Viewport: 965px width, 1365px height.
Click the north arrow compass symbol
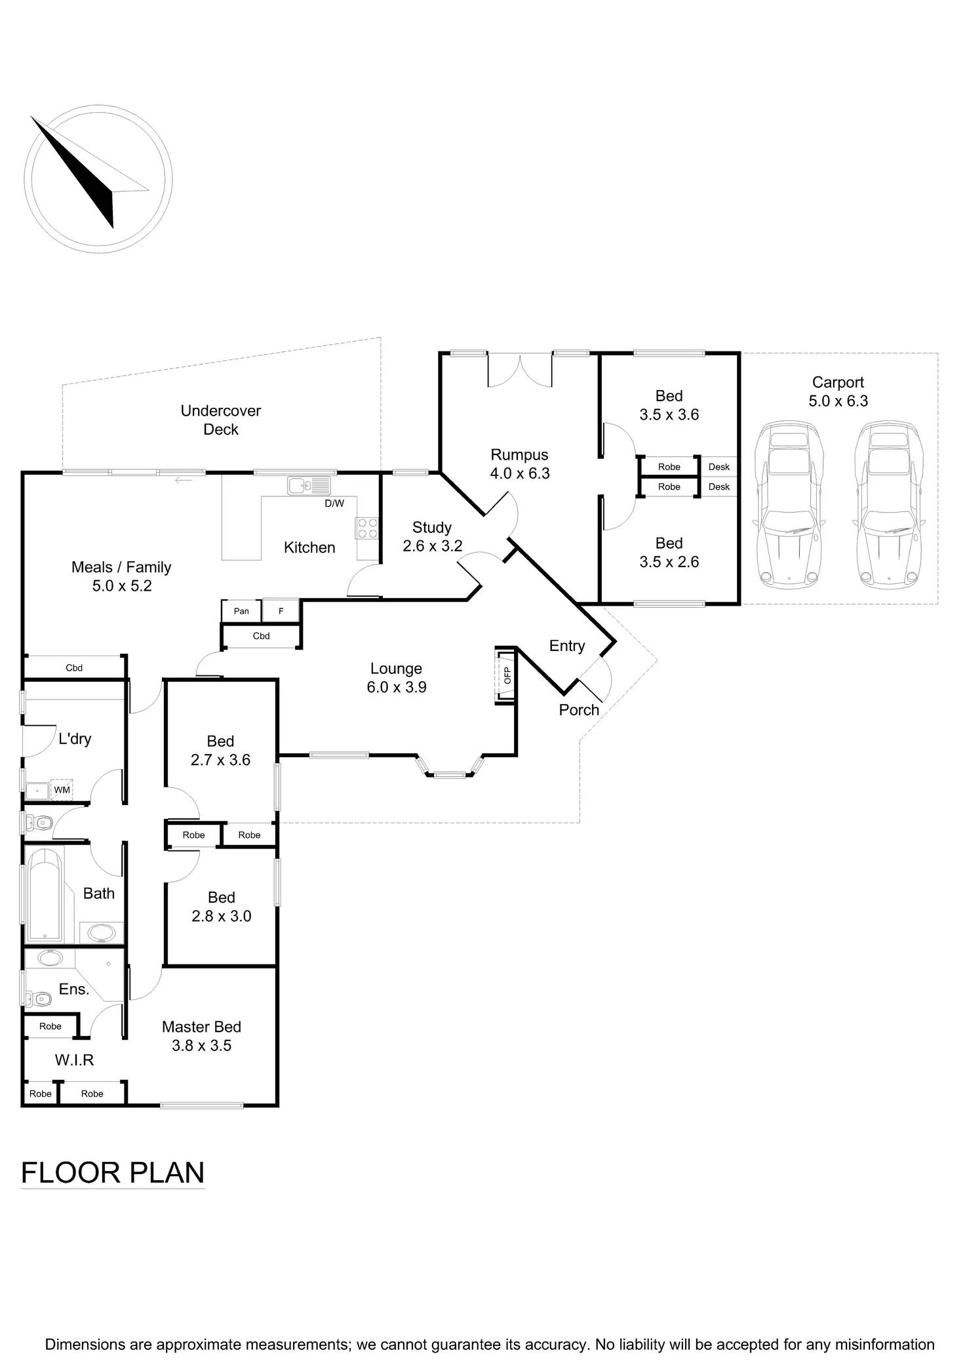point(98,179)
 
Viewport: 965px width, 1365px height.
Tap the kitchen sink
point(309,486)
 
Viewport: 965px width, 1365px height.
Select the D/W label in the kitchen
point(334,504)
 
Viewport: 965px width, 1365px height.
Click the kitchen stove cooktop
point(367,528)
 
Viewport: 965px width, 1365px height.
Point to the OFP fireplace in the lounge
point(505,676)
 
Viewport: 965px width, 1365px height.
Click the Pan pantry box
point(241,611)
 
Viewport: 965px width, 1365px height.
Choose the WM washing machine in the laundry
point(62,790)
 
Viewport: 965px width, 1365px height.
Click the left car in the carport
point(788,504)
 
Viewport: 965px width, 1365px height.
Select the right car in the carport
point(888,504)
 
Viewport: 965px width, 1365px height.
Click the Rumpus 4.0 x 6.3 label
point(520,464)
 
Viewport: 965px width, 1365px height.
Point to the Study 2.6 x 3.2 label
point(432,536)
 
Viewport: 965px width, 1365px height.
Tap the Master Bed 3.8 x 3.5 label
point(201,1036)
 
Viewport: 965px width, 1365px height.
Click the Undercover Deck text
point(221,420)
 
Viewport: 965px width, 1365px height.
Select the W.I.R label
point(74,1060)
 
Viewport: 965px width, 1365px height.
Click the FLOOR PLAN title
point(113,1173)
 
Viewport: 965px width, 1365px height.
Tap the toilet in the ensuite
point(39,1000)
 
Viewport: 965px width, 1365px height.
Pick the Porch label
point(579,709)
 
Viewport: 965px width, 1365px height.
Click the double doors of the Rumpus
point(520,370)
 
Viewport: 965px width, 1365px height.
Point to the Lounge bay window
point(450,768)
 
